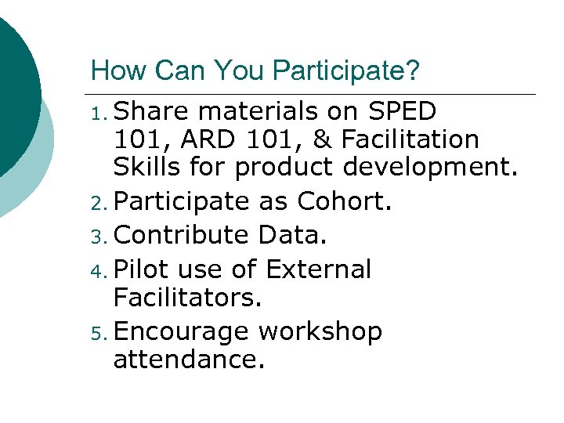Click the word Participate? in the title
(x=345, y=72)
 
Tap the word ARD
(x=212, y=140)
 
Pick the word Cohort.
(x=344, y=201)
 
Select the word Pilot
(x=142, y=269)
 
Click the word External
(x=318, y=269)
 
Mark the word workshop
(x=320, y=332)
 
